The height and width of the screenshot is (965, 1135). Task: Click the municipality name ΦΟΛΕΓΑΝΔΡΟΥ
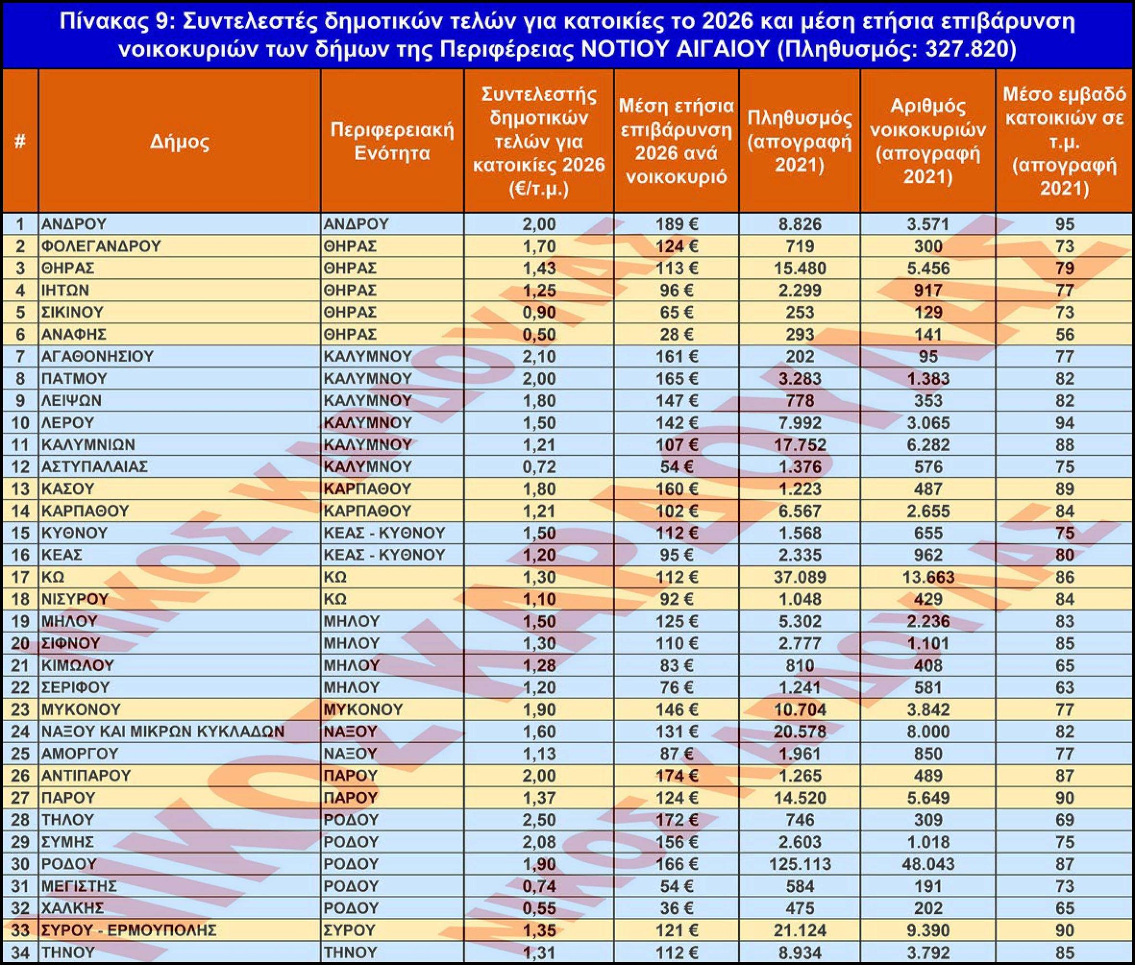coord(101,246)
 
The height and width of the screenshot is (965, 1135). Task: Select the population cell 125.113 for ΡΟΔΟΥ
coord(800,864)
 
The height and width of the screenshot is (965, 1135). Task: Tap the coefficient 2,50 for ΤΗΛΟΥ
coord(539,820)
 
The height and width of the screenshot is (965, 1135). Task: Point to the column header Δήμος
coord(180,142)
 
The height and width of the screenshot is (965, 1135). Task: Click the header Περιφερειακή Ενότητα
coord(392,141)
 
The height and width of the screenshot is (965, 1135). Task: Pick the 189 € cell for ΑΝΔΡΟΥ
coord(676,224)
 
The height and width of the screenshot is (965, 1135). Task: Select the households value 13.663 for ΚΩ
coord(928,577)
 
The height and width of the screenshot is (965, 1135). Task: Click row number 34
coord(20,952)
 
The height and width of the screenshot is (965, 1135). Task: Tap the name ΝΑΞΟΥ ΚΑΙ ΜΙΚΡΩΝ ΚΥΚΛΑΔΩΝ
coord(163,732)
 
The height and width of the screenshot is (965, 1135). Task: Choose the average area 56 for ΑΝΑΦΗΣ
coord(1064,334)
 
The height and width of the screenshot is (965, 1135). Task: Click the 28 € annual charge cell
coord(676,334)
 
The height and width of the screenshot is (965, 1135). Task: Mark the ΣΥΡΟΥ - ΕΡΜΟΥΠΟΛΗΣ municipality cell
coord(129,930)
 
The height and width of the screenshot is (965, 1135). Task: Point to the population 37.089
coord(800,577)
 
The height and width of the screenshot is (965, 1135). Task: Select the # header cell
coord(20,142)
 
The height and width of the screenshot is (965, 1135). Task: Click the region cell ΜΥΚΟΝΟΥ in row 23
coord(364,709)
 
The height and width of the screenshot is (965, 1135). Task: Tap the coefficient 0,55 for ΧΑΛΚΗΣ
coord(539,908)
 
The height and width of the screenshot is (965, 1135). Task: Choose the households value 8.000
coord(928,732)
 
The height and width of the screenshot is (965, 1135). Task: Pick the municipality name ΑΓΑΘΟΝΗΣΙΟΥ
coord(98,356)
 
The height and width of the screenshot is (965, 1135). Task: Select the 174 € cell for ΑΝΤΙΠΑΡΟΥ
coord(676,775)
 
